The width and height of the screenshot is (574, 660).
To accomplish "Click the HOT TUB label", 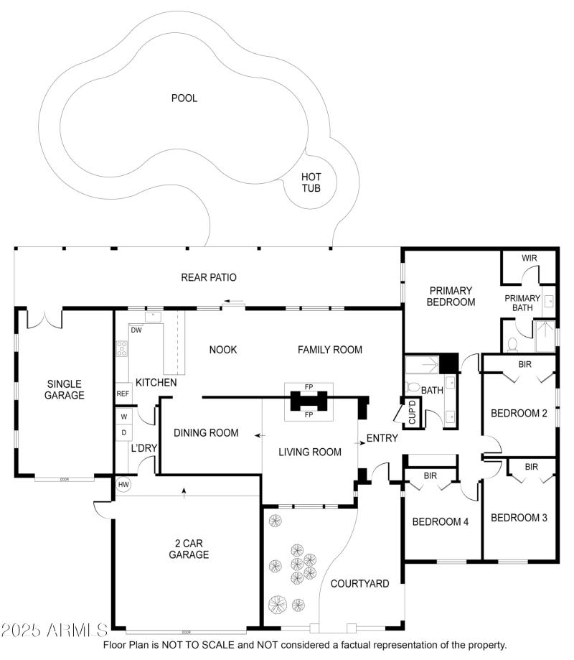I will click(311, 182).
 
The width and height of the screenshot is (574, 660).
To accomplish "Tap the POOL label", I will click(184, 98).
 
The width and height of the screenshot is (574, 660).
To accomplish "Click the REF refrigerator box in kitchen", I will click(123, 394).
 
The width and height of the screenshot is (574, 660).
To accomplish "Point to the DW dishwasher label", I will click(136, 330).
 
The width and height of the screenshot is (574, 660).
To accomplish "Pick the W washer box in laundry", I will click(123, 417).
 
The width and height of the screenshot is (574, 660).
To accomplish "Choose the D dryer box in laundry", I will click(123, 432).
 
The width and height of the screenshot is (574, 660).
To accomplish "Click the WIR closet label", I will click(529, 258).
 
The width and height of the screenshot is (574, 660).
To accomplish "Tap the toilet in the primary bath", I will click(513, 344).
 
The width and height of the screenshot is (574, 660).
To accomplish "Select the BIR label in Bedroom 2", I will click(524, 364).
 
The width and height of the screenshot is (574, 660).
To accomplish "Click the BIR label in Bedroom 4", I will click(430, 475).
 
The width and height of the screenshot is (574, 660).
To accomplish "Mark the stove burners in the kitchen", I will click(122, 349).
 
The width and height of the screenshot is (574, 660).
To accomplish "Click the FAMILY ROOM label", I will click(330, 350).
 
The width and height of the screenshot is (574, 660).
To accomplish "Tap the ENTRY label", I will click(382, 438).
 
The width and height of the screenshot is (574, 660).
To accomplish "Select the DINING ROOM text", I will click(205, 432).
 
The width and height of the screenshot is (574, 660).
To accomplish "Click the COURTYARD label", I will click(359, 583).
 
